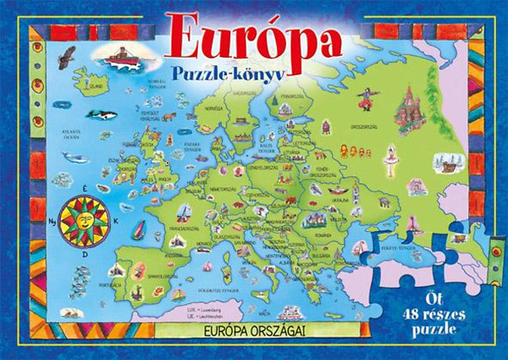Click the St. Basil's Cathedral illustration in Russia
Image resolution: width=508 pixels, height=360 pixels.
(x=410, y=100)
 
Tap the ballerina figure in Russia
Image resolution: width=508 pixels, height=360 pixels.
(x=390, y=155)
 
